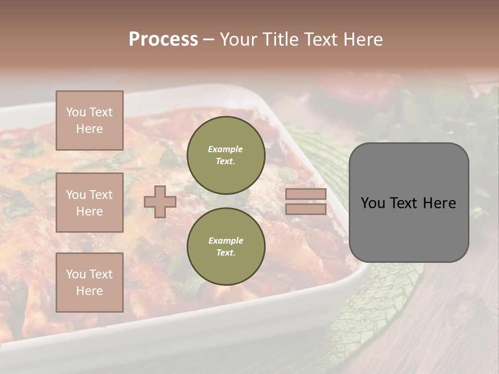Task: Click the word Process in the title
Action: coord(163,39)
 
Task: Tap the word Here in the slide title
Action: coord(362,39)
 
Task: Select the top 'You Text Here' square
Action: coord(89,121)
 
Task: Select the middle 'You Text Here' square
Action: coord(89,203)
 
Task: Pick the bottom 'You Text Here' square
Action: coord(89,282)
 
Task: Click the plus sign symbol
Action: coord(160,202)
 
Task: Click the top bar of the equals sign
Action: coord(306,194)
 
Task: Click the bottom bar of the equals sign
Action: coord(306,209)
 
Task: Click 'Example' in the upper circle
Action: coord(226,149)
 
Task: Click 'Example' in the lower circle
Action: coord(226,241)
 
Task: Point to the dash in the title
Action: coord(209,39)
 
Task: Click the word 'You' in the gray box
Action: coord(373,203)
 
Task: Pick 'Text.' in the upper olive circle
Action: coord(226,161)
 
